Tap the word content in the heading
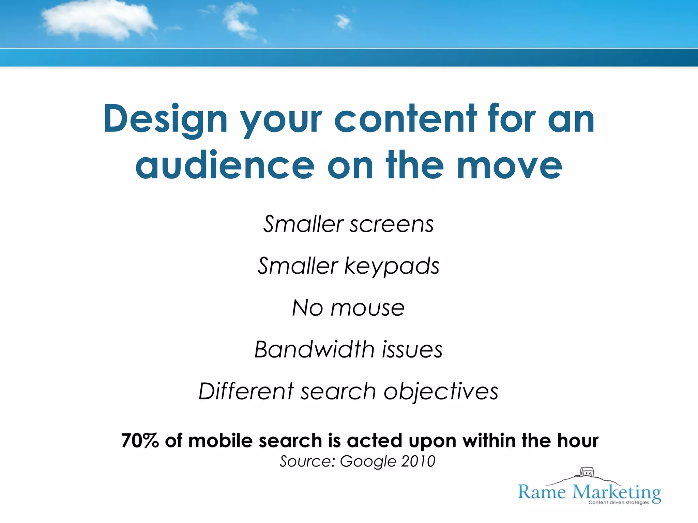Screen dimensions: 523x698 (x=405, y=119)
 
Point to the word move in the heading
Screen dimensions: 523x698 (x=509, y=166)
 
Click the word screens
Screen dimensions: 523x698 (x=392, y=225)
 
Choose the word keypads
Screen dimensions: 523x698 (x=392, y=267)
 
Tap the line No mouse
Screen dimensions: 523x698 (x=348, y=308)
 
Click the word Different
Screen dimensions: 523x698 (x=246, y=391)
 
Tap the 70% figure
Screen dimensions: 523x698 (x=140, y=441)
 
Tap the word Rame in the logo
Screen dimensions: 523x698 (x=542, y=492)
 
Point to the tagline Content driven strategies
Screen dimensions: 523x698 (x=619, y=503)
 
